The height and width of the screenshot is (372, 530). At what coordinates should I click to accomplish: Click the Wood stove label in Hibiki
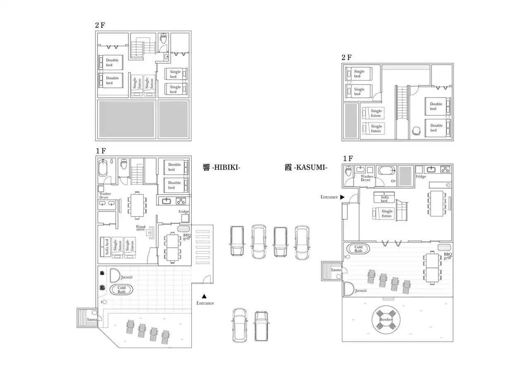click(x=140, y=228)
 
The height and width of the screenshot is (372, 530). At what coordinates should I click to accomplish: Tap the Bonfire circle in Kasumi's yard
click(x=386, y=319)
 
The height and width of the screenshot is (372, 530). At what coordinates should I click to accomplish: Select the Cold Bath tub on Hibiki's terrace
click(x=121, y=289)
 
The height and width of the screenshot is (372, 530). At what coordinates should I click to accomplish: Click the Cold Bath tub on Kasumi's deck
click(x=358, y=249)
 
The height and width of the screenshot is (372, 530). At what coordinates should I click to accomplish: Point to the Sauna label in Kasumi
click(x=336, y=270)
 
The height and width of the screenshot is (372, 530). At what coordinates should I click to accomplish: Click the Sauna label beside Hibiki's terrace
click(x=92, y=319)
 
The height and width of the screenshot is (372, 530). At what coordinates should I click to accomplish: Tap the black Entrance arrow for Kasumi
click(x=342, y=197)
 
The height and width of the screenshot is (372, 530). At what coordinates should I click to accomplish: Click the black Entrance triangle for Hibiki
click(x=204, y=296)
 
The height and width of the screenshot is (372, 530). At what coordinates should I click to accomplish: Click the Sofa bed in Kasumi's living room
click(x=384, y=197)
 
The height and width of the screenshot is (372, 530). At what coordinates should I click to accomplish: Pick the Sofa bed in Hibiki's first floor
click(x=106, y=247)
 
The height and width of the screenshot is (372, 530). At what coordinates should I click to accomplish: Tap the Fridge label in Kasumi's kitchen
click(x=421, y=177)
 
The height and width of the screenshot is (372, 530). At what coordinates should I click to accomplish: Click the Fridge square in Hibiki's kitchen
click(x=185, y=218)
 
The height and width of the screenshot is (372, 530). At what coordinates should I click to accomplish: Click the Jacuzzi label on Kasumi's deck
click(x=361, y=290)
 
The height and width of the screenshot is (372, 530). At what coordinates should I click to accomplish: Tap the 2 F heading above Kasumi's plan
click(x=347, y=57)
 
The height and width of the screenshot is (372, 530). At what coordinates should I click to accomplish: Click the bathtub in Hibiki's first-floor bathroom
click(x=103, y=168)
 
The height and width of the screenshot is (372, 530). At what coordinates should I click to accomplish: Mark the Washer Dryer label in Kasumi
click(x=367, y=178)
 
